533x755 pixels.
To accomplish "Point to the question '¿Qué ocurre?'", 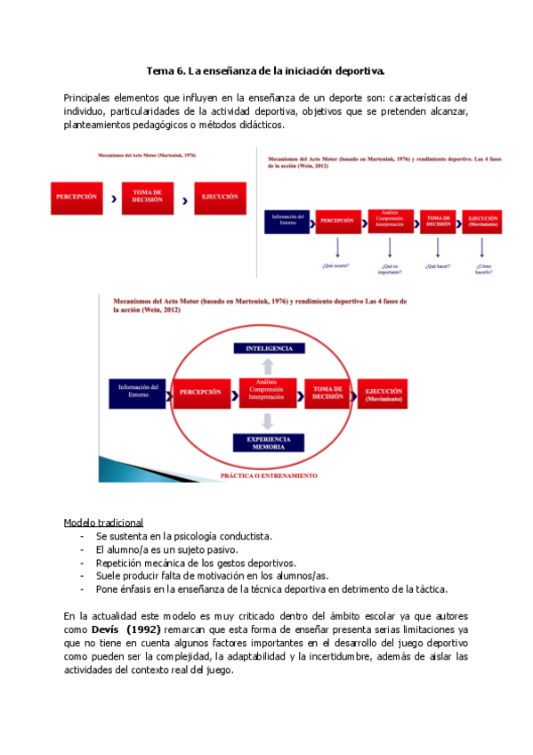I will tap(335, 265).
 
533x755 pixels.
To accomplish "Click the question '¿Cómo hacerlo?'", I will tap(483, 268).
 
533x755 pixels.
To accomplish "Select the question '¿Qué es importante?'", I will tap(388, 268).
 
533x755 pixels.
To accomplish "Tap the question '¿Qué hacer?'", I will tap(437, 265).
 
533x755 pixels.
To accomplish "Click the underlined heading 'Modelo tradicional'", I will tap(103, 523).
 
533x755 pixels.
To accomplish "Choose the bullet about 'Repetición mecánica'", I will tap(196, 563).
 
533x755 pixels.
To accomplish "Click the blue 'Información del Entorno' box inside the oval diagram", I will tap(138, 393).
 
